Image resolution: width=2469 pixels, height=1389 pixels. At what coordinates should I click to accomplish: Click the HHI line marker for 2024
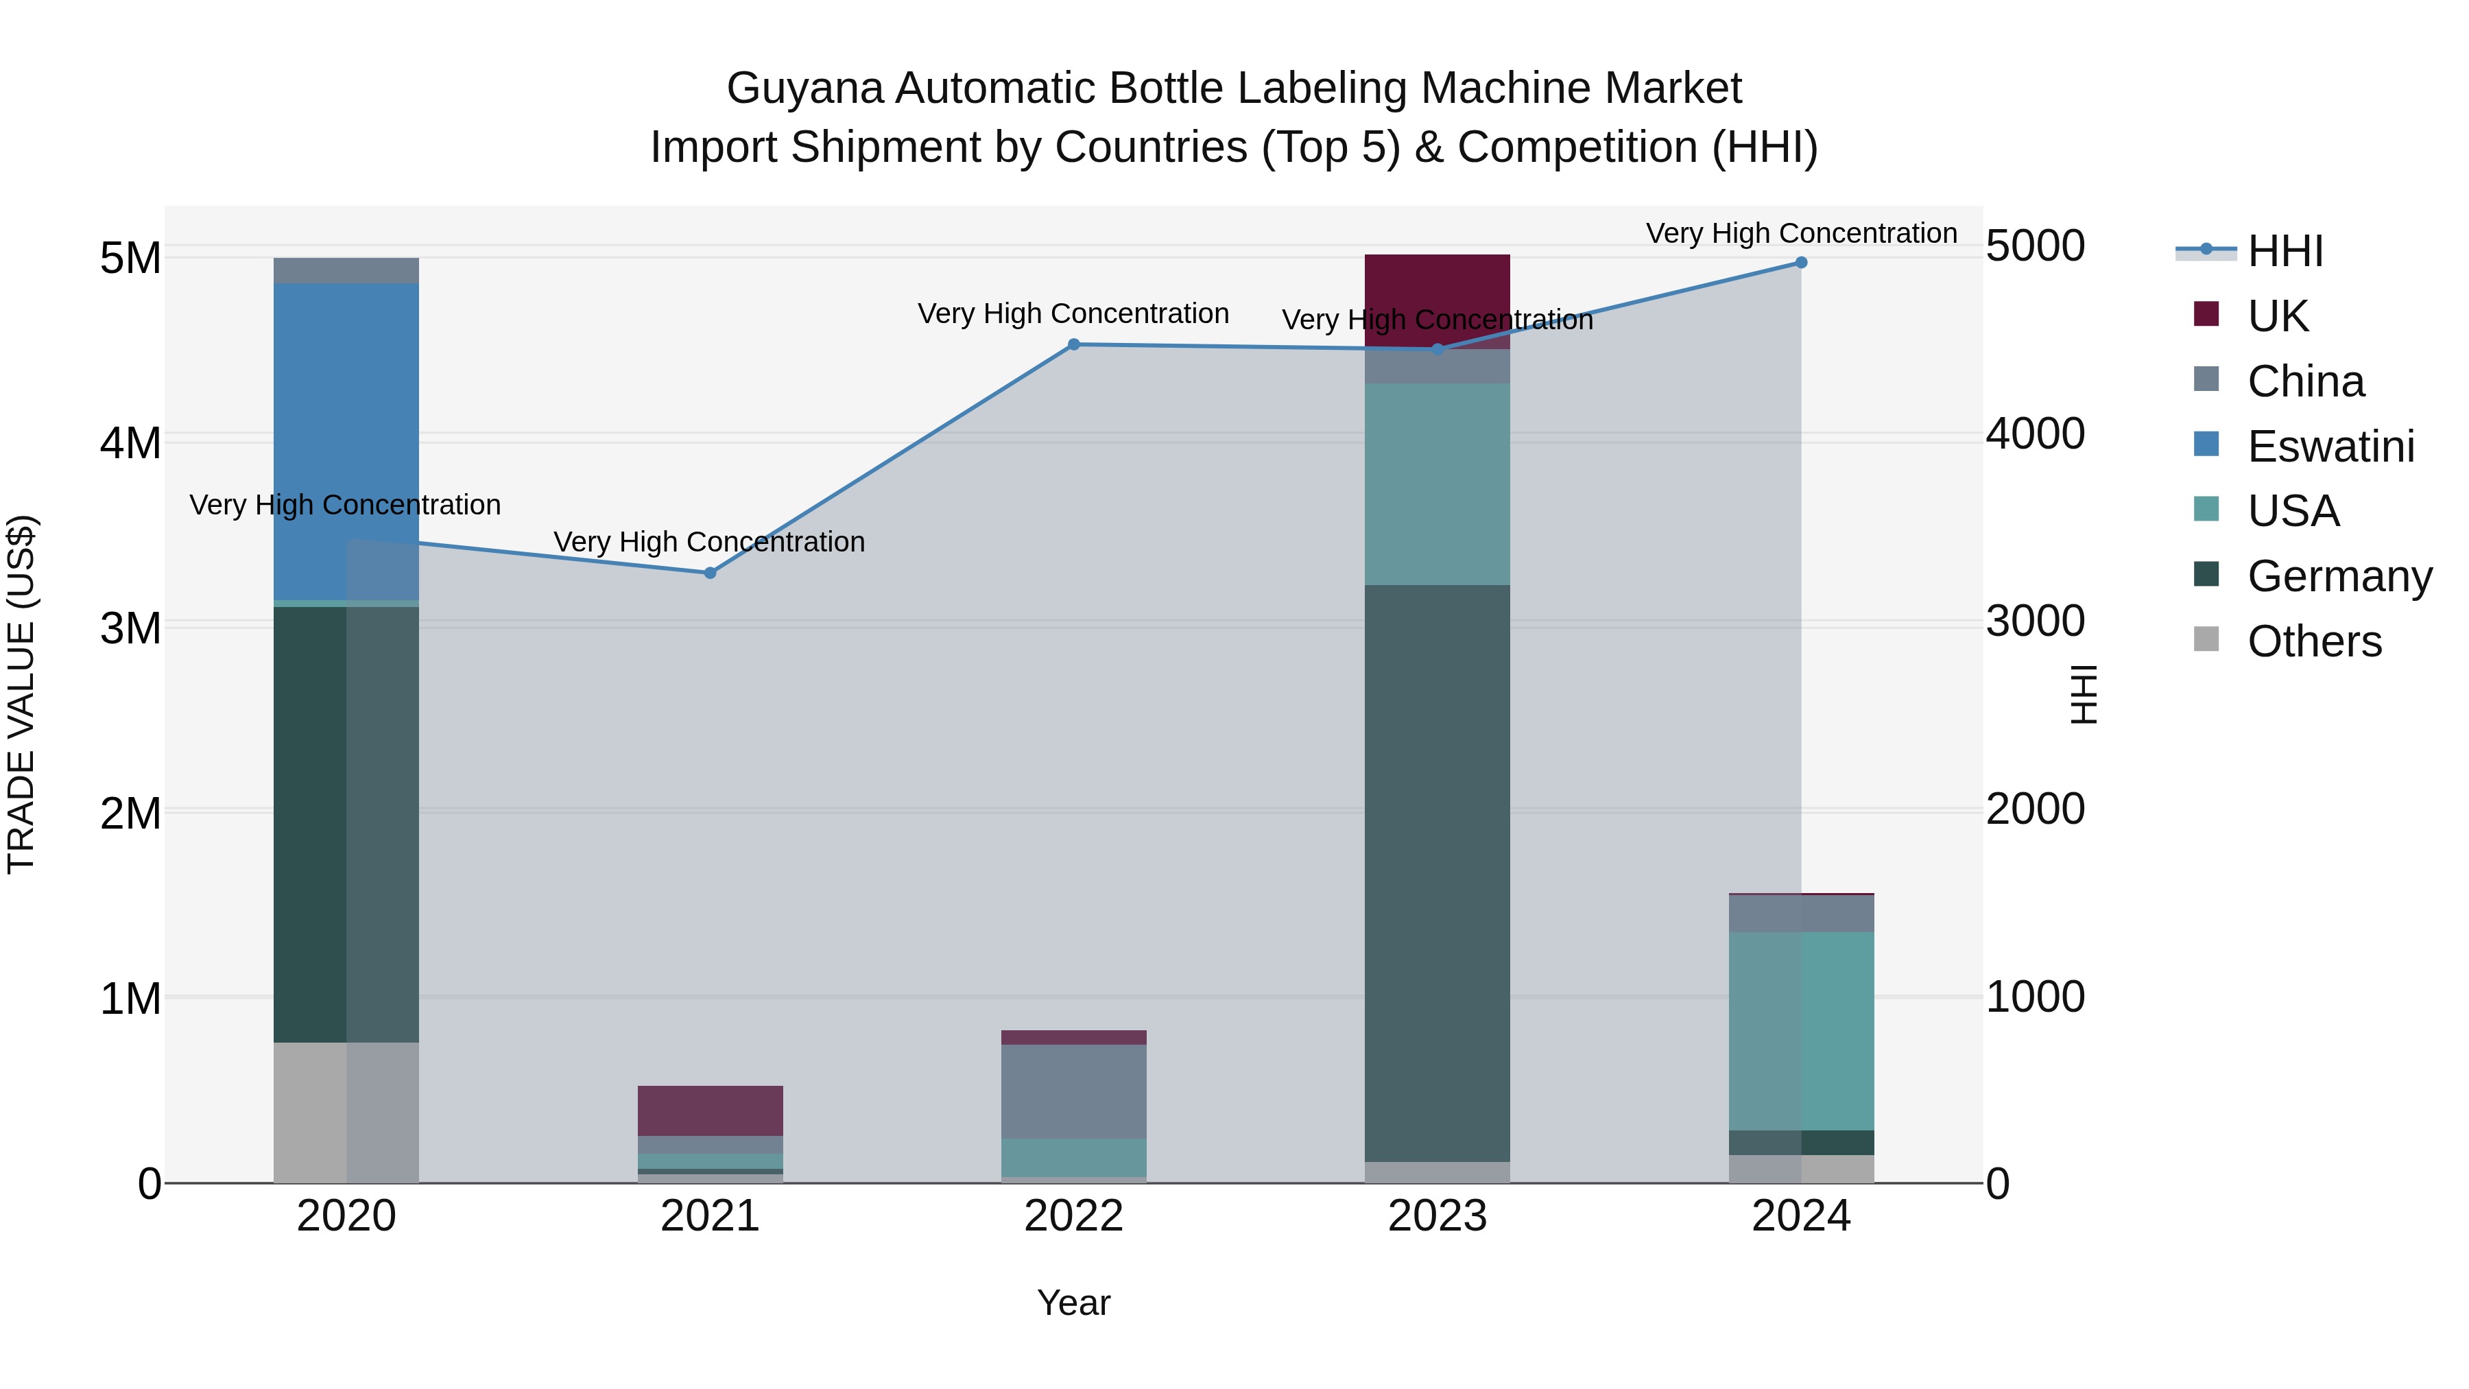tap(1801, 263)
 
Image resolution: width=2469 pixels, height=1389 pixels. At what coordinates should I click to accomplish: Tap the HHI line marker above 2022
tap(1073, 344)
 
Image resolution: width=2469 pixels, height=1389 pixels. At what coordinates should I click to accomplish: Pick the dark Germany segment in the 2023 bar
tap(1437, 872)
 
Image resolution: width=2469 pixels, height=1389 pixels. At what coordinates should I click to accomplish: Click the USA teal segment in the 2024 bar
tap(1801, 1030)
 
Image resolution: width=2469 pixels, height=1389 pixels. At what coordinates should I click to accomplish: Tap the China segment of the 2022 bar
tap(1073, 1091)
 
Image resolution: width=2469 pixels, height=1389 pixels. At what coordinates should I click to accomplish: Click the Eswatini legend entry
tap(2330, 447)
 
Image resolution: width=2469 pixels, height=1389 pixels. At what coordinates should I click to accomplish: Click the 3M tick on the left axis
tap(130, 629)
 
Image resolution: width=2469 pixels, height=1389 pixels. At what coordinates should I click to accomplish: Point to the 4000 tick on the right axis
tap(2034, 434)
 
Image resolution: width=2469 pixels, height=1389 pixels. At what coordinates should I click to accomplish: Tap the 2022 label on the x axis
tap(1073, 1216)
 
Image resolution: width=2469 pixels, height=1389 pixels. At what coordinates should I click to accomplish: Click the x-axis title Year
tap(1073, 1303)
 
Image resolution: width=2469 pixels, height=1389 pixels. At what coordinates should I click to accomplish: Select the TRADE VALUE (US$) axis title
tap(21, 694)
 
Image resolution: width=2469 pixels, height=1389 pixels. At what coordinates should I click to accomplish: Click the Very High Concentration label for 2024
tap(1801, 233)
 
